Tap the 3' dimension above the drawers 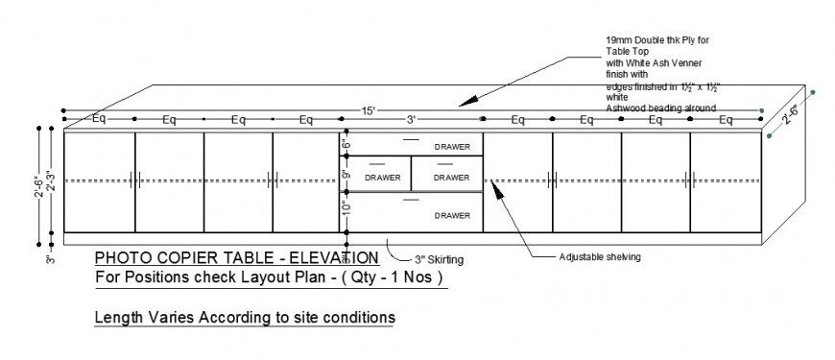pyautogui.click(x=411, y=120)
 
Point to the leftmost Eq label pyautogui.click(x=99, y=120)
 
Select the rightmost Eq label pyautogui.click(x=726, y=120)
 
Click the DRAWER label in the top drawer pyautogui.click(x=452, y=147)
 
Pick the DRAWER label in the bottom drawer pyautogui.click(x=452, y=216)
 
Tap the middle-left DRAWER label pyautogui.click(x=382, y=177)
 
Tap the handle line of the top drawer pyautogui.click(x=410, y=140)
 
